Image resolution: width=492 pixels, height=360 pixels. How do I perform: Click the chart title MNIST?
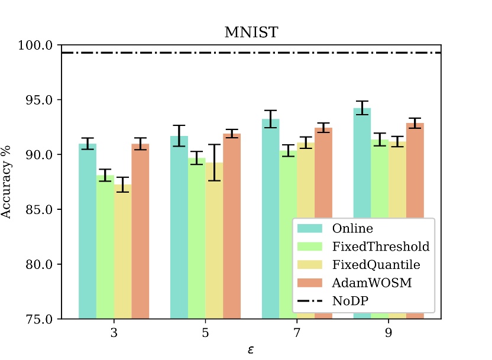pos(251,33)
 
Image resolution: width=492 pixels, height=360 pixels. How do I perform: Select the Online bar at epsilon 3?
pos(88,231)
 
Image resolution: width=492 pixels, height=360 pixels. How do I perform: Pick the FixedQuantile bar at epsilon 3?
pos(122,251)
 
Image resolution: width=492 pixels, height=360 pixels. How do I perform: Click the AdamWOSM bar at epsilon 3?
pos(140,231)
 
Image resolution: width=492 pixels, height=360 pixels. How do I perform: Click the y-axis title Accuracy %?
pos(7,182)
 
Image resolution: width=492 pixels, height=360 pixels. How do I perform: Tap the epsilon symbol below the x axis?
pos(251,349)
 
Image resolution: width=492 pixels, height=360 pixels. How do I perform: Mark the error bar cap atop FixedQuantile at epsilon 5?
pos(214,144)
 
